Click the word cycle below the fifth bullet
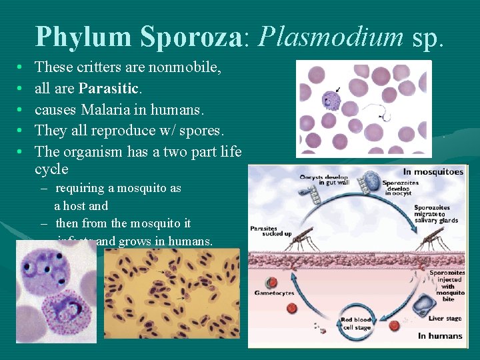coord(51,169)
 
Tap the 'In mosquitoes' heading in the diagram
coord(433,171)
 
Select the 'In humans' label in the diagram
coord(440,335)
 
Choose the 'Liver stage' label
coord(445,319)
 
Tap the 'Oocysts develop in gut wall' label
coord(320,179)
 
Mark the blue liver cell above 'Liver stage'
coord(423,305)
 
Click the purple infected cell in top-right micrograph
coord(331,101)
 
